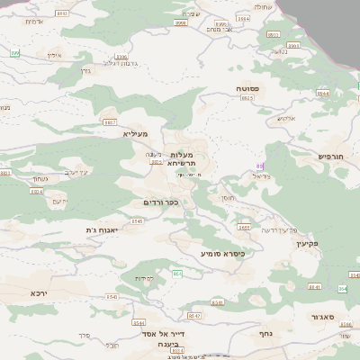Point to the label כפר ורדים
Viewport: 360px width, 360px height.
[x=161, y=202]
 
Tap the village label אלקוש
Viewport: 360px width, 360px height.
[x=285, y=118]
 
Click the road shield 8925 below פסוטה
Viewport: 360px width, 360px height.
[x=246, y=100]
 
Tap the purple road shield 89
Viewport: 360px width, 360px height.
[x=260, y=166]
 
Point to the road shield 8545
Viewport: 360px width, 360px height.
[x=112, y=297]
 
